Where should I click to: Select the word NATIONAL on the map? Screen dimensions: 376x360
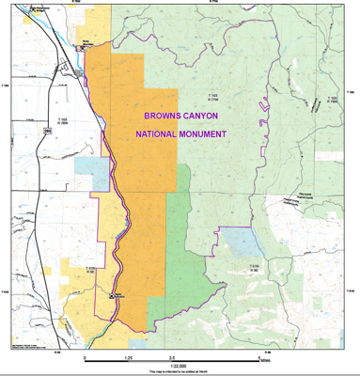pyautogui.click(x=160, y=134)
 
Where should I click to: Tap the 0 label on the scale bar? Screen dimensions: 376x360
pyautogui.click(x=85, y=359)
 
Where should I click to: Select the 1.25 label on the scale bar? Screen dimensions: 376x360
pyautogui.click(x=127, y=359)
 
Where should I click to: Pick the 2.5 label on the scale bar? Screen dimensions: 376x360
pyautogui.click(x=170, y=359)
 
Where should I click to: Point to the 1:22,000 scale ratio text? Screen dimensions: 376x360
pyautogui.click(x=175, y=366)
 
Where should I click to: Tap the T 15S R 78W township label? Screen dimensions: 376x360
pyautogui.click(x=64, y=121)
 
